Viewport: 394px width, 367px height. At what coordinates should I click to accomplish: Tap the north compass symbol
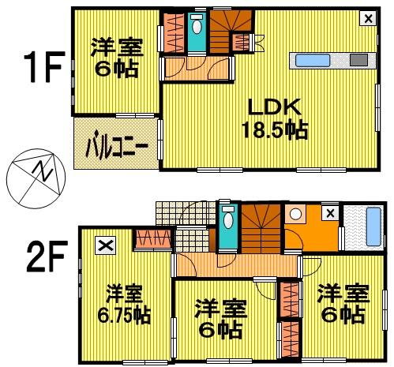pyautogui.click(x=32, y=175)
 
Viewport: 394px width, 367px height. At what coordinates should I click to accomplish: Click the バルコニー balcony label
pyautogui.click(x=118, y=146)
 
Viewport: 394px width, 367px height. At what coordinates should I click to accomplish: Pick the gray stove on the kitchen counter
pyautogui.click(x=357, y=59)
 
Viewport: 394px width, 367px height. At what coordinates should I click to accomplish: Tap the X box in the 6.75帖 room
pyautogui.click(x=106, y=245)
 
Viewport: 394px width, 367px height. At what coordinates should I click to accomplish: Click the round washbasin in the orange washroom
pyautogui.click(x=296, y=213)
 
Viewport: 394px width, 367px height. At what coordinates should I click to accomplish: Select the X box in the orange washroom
pyautogui.click(x=330, y=212)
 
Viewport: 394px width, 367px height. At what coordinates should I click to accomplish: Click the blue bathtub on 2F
pyautogui.click(x=365, y=226)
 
